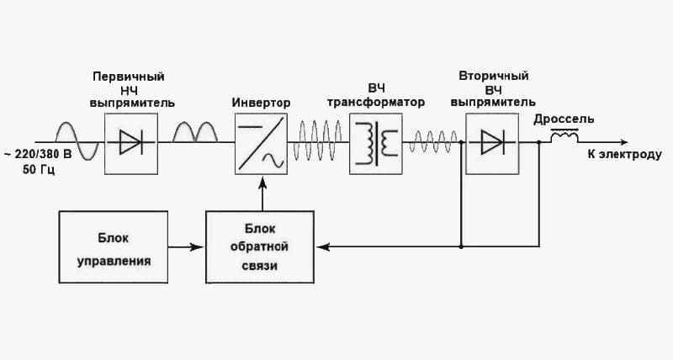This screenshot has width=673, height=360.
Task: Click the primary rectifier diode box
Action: pos(130,143)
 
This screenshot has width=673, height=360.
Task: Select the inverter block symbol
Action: pos(262,143)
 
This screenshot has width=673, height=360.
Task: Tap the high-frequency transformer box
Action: pos(375,143)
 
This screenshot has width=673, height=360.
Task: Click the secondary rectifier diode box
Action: pos(491,143)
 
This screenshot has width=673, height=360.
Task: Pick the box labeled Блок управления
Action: pos(114,247)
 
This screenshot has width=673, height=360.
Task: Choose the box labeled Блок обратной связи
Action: pos(259,247)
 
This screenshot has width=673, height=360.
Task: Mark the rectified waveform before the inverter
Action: pos(195,135)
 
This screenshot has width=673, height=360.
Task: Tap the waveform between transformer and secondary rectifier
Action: pos(432,142)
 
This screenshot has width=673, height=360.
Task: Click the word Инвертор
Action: pos(262,103)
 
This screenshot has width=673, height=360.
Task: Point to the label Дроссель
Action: pos(564,119)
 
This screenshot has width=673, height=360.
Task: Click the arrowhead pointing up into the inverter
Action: pos(262,179)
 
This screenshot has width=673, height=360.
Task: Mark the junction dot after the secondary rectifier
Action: pos(538,143)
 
